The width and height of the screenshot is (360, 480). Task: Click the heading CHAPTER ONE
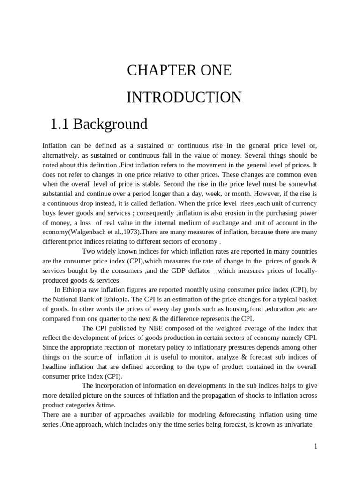click(179, 70)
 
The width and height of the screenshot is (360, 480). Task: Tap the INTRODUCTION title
click(184, 97)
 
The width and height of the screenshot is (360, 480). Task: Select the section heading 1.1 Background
click(98, 124)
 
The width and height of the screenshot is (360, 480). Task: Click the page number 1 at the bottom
click(316, 446)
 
